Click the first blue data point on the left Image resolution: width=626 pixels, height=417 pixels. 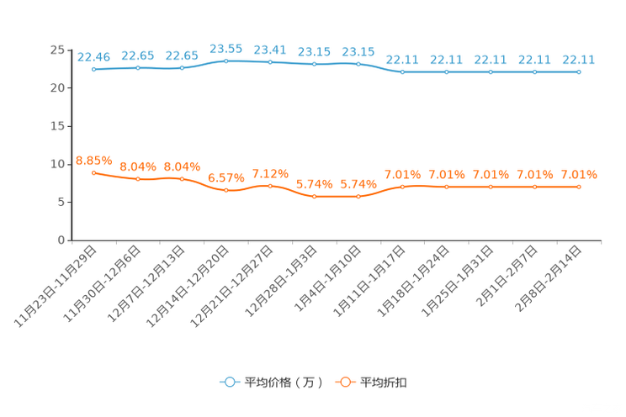(x=93, y=70)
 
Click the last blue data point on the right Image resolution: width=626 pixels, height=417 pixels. (x=579, y=72)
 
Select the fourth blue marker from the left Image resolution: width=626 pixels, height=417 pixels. (x=225, y=61)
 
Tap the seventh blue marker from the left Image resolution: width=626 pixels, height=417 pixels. (x=358, y=64)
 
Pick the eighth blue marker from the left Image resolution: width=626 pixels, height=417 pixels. (x=402, y=72)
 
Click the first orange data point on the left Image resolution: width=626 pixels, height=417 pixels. (x=93, y=172)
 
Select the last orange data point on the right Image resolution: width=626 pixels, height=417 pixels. (x=579, y=187)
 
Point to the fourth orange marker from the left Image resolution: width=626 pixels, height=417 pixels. (x=225, y=190)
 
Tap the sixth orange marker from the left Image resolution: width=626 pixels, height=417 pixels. (x=314, y=196)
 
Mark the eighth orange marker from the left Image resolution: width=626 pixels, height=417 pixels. (x=402, y=187)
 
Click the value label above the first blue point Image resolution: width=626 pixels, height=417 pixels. (x=93, y=57)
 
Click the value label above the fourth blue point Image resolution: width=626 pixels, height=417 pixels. (x=225, y=48)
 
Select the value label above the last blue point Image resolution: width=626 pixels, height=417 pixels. (x=579, y=60)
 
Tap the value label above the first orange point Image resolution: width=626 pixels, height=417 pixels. (x=93, y=160)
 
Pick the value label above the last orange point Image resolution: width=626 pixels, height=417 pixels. (x=579, y=175)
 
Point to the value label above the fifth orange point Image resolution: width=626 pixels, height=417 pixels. (x=270, y=173)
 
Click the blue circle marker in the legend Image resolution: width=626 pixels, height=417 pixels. (x=229, y=382)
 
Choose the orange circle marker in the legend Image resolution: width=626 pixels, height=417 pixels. (x=344, y=382)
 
